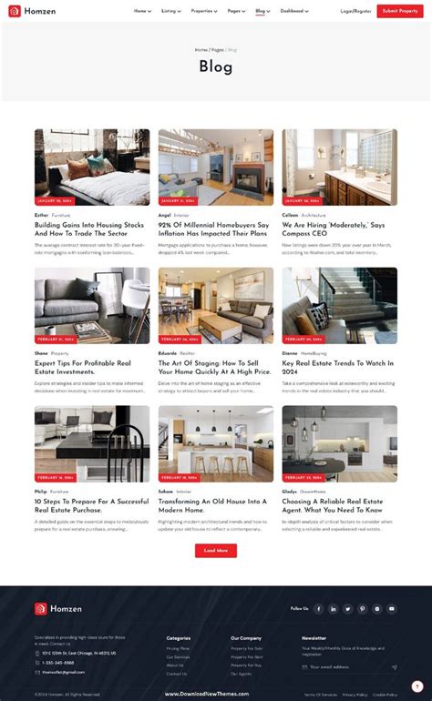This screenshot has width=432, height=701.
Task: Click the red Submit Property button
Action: (400, 11)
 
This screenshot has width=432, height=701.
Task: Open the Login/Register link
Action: (355, 11)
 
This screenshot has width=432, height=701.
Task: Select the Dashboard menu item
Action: (293, 11)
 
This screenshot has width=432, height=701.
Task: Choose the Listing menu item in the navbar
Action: (170, 11)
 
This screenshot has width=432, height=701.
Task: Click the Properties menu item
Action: (203, 11)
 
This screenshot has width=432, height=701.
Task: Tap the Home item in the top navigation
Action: (141, 11)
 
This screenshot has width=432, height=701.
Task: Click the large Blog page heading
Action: (216, 66)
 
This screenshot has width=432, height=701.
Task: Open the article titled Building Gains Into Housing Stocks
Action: (89, 229)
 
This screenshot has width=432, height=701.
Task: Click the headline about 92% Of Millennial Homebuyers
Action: (213, 229)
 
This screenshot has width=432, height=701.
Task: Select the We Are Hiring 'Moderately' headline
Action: (334, 229)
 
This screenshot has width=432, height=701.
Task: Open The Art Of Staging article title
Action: (214, 367)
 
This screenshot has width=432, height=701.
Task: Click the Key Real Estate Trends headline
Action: (337, 367)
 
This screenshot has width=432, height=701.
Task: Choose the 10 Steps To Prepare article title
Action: (90, 504)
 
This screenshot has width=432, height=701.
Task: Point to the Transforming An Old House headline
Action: (212, 504)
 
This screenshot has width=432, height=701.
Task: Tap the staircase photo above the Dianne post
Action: (339, 305)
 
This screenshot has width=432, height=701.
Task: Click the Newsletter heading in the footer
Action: (314, 638)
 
